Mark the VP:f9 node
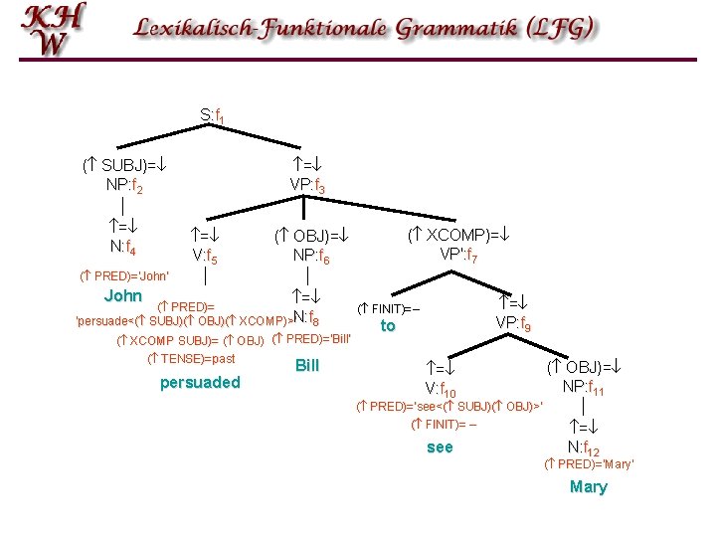(513, 323)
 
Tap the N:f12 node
(583, 447)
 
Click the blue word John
(123, 296)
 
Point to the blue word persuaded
(200, 382)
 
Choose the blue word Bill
(307, 365)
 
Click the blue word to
(388, 325)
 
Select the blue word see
(440, 447)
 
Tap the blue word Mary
(588, 486)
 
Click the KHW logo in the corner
(54, 30)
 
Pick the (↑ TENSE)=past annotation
(191, 357)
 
